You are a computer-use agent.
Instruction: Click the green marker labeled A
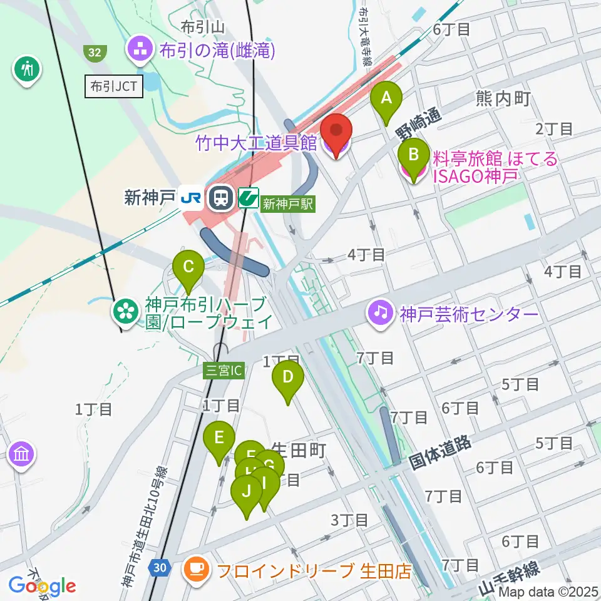click(x=386, y=99)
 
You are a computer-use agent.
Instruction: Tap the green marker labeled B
click(x=413, y=155)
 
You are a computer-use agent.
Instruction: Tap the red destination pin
click(x=337, y=132)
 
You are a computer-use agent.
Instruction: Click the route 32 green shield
click(x=95, y=53)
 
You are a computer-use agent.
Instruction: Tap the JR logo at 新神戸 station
click(x=190, y=198)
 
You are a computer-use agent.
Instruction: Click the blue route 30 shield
click(x=160, y=568)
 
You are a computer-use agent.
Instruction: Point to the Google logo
click(x=42, y=586)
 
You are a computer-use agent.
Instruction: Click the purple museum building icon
click(x=22, y=454)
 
